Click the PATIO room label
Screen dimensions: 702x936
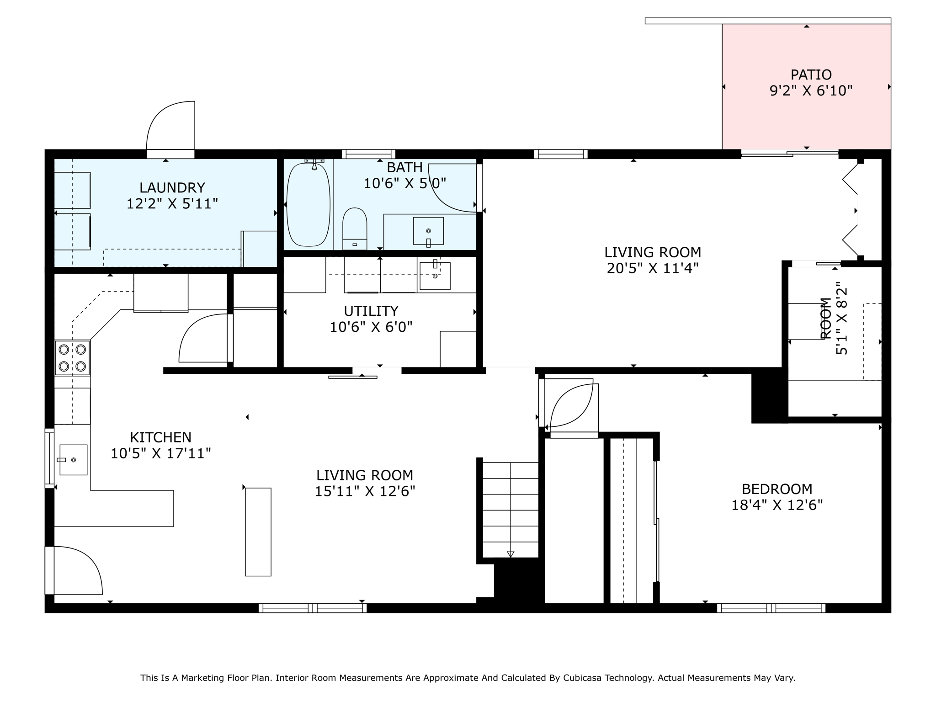coord(811,74)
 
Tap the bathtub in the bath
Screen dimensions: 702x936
coord(308,205)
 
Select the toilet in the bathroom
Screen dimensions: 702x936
coord(355,229)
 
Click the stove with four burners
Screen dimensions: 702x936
coord(72,358)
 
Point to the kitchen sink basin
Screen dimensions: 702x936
coord(73,460)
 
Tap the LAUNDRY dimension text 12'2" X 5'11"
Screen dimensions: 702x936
coord(172,204)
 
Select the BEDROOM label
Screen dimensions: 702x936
coord(776,489)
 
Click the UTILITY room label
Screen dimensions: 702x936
coord(371,311)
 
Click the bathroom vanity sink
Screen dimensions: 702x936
coord(428,231)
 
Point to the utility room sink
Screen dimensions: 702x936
coord(435,276)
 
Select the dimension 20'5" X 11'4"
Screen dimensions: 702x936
coord(653,268)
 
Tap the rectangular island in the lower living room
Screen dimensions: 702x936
coord(258,532)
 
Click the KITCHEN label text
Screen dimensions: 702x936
coord(160,437)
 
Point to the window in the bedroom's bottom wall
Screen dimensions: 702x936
coord(771,608)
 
